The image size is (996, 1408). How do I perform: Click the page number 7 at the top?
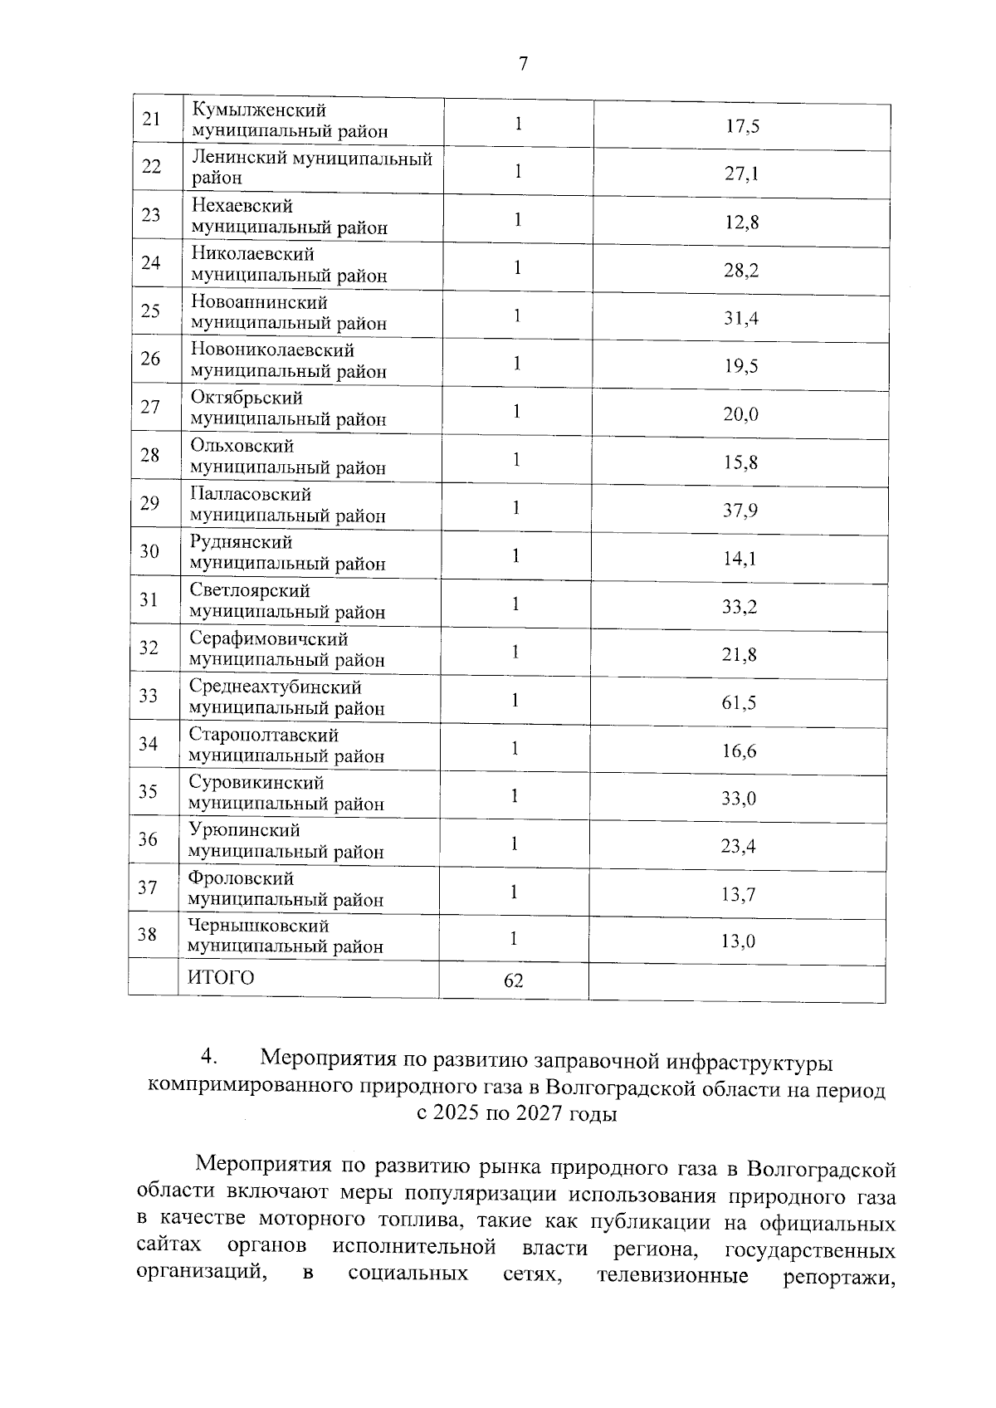click(x=523, y=64)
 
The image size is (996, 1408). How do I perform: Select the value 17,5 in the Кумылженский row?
click(x=742, y=126)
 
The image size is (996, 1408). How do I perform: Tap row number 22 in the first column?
click(x=151, y=166)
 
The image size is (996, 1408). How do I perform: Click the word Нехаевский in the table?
click(x=242, y=205)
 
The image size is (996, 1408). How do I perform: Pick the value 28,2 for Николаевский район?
click(x=741, y=270)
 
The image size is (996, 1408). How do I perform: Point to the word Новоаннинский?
click(x=259, y=302)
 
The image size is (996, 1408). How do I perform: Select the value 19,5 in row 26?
click(x=741, y=366)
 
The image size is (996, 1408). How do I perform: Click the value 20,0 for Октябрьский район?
click(x=740, y=413)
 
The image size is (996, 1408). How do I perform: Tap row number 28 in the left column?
click(x=150, y=455)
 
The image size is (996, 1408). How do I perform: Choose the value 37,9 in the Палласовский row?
click(x=740, y=510)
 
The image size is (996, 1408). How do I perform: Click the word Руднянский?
click(x=241, y=543)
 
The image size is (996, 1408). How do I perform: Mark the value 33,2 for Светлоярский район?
click(x=739, y=607)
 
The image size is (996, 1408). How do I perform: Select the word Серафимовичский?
click(x=268, y=639)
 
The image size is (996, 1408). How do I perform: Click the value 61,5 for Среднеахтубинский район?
click(x=739, y=703)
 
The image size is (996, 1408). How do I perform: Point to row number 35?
click(x=148, y=791)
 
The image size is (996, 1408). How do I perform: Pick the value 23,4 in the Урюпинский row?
click(x=738, y=846)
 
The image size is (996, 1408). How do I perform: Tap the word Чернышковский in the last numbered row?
click(x=258, y=926)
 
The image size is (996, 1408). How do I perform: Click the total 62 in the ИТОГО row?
click(x=514, y=980)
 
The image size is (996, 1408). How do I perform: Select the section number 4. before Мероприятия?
click(x=208, y=1058)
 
